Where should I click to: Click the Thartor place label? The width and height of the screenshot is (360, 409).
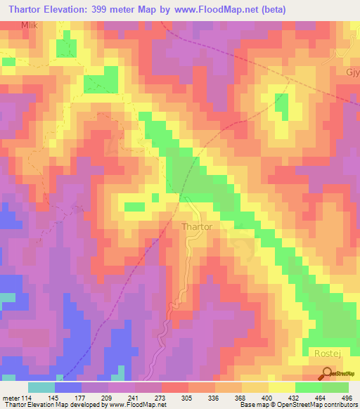(197, 227)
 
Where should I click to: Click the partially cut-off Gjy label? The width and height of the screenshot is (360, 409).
(352, 74)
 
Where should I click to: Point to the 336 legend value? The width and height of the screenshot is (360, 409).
(215, 398)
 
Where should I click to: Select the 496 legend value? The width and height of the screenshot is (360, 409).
(348, 398)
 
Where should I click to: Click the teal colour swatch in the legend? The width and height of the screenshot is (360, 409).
(41, 387)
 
